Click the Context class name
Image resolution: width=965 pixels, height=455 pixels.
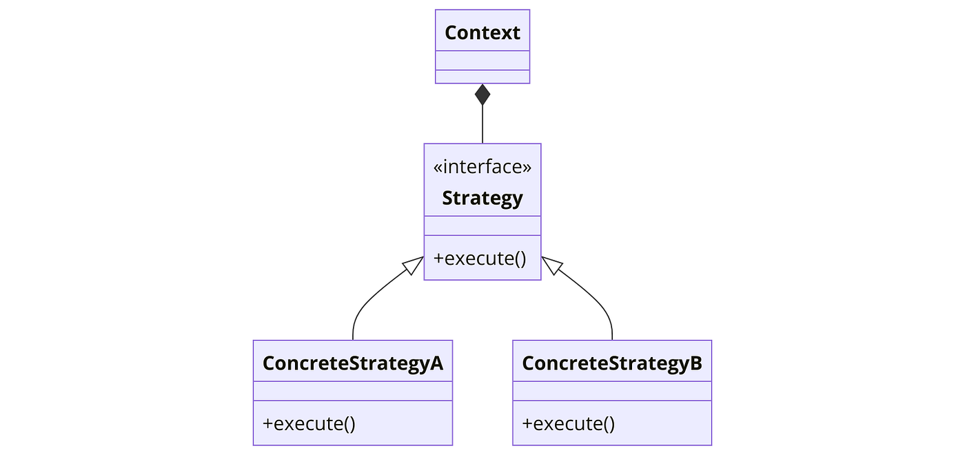(482, 33)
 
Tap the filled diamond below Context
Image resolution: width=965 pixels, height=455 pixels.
(482, 94)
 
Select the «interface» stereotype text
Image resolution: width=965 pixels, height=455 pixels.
(482, 167)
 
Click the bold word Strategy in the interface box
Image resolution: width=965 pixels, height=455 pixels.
(482, 199)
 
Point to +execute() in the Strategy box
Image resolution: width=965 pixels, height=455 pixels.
(480, 259)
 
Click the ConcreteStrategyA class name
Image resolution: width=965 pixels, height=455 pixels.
(353, 363)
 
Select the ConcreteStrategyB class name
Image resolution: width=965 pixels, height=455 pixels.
(612, 363)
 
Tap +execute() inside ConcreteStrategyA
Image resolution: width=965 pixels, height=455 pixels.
(309, 423)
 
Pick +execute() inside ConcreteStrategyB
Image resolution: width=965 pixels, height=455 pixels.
(568, 423)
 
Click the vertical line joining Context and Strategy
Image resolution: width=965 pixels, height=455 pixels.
(482, 124)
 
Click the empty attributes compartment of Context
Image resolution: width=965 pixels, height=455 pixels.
(482, 61)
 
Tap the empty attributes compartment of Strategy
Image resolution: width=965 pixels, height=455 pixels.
(482, 226)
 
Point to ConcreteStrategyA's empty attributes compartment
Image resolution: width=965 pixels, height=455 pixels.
(353, 391)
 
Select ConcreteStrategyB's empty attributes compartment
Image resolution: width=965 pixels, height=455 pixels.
(612, 391)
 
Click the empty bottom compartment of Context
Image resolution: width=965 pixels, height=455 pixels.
(482, 77)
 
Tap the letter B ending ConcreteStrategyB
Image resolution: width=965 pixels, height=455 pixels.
(696, 363)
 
